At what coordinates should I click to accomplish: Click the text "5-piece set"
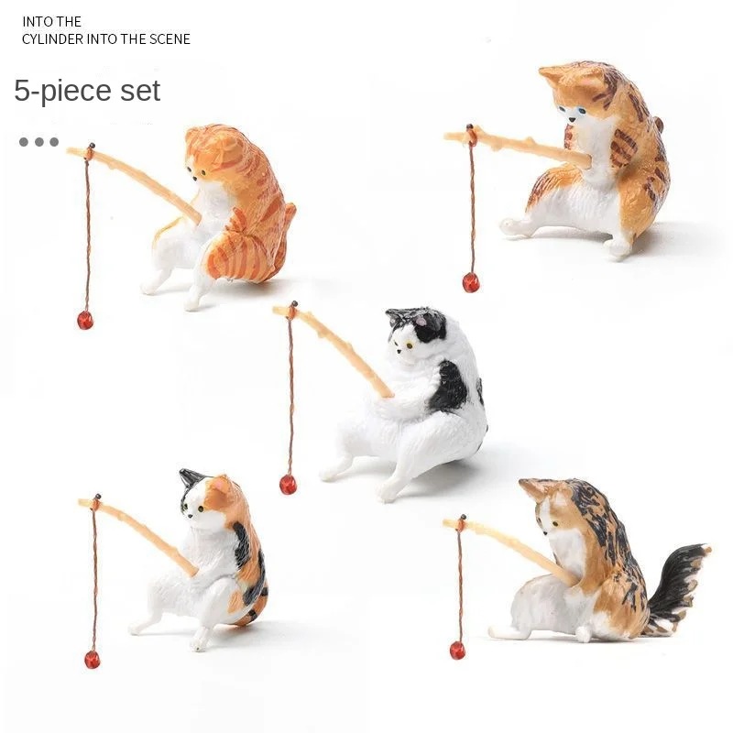click(x=87, y=91)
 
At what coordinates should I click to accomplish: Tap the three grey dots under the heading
click(x=38, y=142)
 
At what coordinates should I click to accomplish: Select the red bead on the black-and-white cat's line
click(x=288, y=485)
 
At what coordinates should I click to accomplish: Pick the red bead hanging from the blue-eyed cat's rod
click(x=471, y=282)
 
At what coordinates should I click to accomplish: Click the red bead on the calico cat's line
click(x=93, y=659)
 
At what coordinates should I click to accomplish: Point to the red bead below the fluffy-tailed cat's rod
click(x=457, y=651)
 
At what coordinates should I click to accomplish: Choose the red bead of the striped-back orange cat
click(x=85, y=320)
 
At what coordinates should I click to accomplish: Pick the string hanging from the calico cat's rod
click(x=93, y=577)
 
